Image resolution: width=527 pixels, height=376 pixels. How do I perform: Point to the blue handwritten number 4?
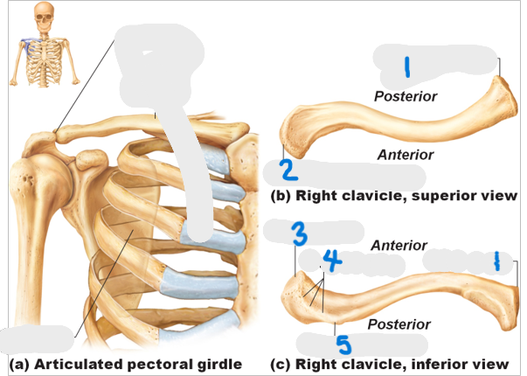(x=330, y=259)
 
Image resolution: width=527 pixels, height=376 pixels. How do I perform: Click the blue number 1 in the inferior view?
(x=496, y=261)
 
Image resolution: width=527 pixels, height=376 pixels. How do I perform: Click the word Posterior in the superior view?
(x=406, y=95)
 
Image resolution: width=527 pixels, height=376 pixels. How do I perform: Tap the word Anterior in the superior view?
(x=405, y=155)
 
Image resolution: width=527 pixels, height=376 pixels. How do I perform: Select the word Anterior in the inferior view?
(x=399, y=246)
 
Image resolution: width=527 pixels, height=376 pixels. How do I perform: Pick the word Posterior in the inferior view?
(x=399, y=324)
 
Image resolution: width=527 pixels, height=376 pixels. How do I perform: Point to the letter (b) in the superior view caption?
(x=281, y=196)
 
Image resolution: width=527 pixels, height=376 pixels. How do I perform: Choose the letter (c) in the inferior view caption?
(x=281, y=364)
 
